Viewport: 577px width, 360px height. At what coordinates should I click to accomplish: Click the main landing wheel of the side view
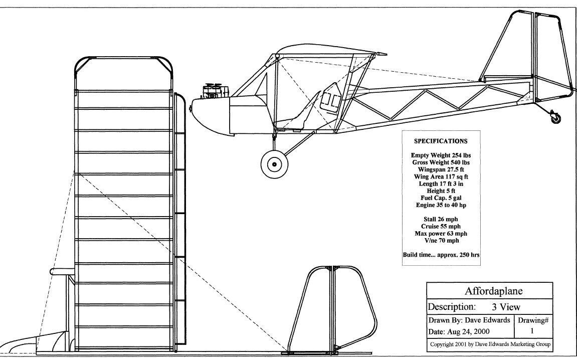click(x=274, y=164)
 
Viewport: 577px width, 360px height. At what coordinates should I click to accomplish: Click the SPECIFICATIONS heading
click(x=441, y=141)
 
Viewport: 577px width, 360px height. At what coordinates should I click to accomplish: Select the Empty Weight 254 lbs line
click(x=441, y=155)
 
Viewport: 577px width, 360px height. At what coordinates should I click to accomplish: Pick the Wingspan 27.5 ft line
click(x=441, y=169)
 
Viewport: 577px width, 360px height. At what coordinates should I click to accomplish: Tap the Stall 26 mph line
click(x=441, y=220)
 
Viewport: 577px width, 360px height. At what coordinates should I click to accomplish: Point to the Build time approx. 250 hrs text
click(x=441, y=255)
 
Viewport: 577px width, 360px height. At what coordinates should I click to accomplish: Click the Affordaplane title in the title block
click(x=493, y=291)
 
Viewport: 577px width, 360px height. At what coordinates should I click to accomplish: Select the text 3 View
click(x=506, y=307)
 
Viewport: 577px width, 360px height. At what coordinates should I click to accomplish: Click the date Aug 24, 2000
click(x=468, y=331)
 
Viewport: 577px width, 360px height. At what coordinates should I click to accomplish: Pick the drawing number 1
click(x=532, y=331)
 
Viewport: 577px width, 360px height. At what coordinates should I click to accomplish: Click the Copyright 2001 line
click(x=490, y=344)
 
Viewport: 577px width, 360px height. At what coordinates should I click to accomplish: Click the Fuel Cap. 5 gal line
click(x=441, y=198)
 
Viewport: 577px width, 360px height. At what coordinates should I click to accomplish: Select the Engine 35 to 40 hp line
click(x=441, y=205)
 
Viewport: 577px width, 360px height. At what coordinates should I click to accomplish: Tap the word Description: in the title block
click(x=452, y=307)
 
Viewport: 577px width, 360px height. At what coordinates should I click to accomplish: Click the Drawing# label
click(x=533, y=320)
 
